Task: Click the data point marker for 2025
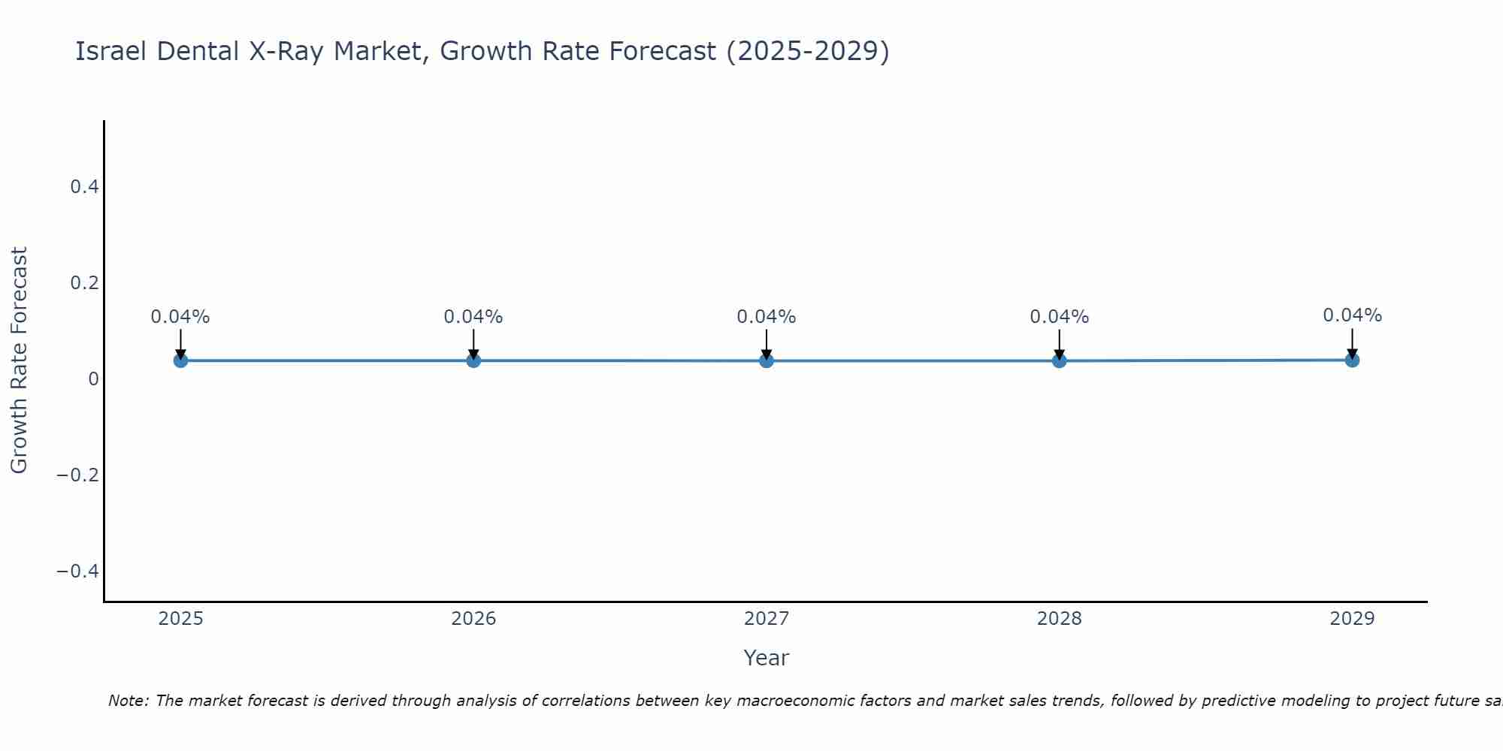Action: tap(180, 360)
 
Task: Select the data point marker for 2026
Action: tap(473, 360)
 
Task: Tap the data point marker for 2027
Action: tap(767, 360)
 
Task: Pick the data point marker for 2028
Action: tap(1060, 360)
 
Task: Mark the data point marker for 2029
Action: tap(1352, 360)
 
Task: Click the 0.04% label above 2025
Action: tap(180, 317)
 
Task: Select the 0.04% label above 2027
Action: tap(767, 317)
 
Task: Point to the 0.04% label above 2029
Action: tap(1352, 315)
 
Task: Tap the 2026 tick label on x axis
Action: tap(473, 619)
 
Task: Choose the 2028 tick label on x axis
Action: tap(1060, 619)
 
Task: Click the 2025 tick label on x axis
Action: tap(181, 619)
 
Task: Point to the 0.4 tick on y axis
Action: tap(85, 187)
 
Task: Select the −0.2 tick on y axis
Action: tap(78, 475)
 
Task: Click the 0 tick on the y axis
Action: tap(94, 379)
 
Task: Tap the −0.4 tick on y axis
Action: tap(78, 572)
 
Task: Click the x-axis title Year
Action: tap(766, 659)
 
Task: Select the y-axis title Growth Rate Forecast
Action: tap(20, 360)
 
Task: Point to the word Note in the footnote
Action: tap(128, 701)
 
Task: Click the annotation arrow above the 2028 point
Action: tap(1060, 344)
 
